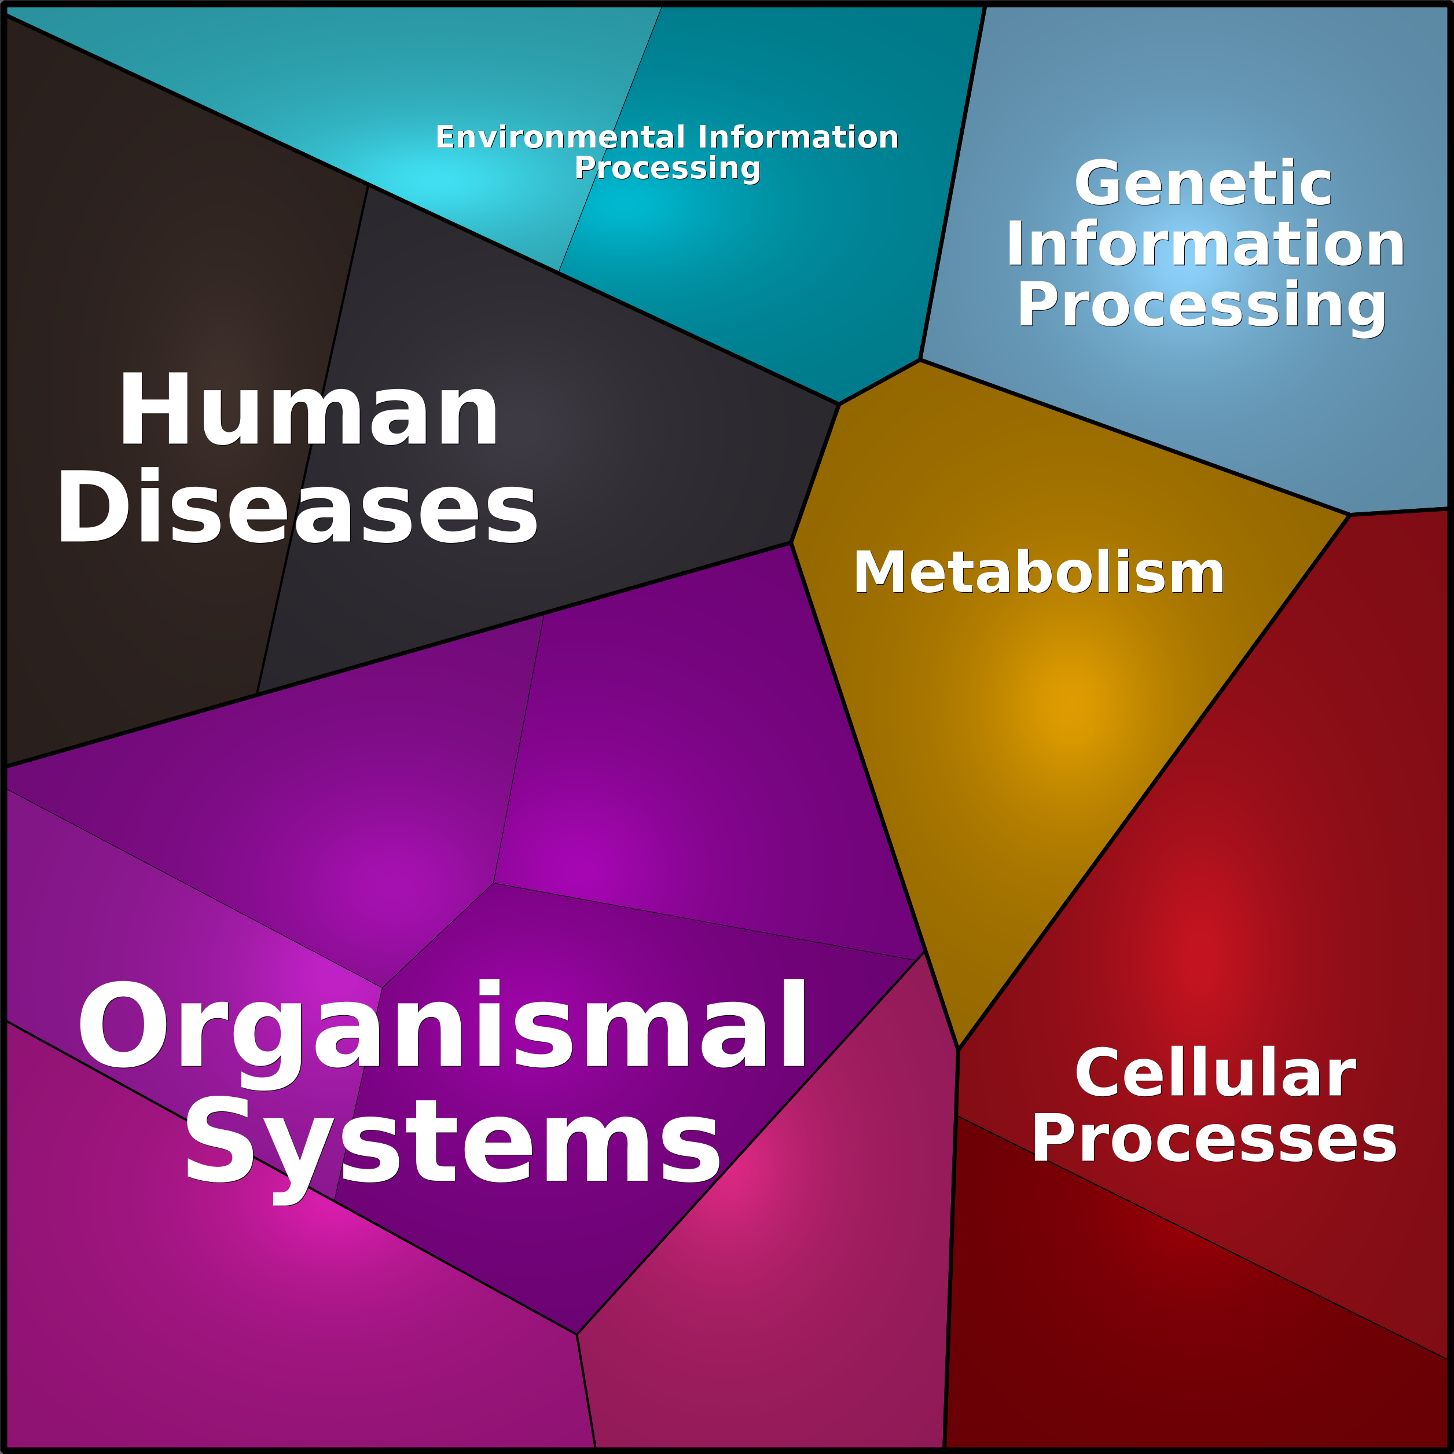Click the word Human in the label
pos(309,410)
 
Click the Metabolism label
pos(1038,572)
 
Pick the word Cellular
pos(1216,1073)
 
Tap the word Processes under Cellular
pos(1214,1139)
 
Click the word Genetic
pos(1203,183)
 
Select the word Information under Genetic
pos(1206,244)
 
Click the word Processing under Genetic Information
pos(1202,306)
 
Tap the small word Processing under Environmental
pos(667,168)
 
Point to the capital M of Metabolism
pos(880,572)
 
